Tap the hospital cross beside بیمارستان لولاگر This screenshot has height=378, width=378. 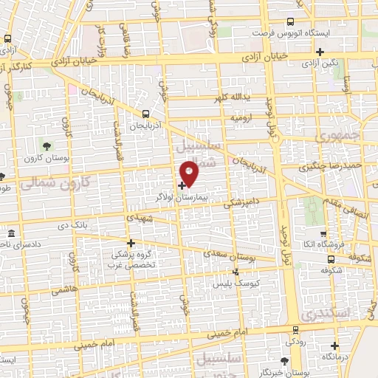coord(182,185)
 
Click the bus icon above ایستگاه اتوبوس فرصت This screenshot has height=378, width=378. coord(290,21)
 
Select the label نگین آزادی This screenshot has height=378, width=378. coord(320,63)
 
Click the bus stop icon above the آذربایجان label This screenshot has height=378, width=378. coord(145,114)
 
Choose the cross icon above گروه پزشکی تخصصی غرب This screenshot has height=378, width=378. coord(131,242)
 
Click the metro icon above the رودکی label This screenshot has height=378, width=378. coord(295,331)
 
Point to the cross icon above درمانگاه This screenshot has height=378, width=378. coord(336,346)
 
